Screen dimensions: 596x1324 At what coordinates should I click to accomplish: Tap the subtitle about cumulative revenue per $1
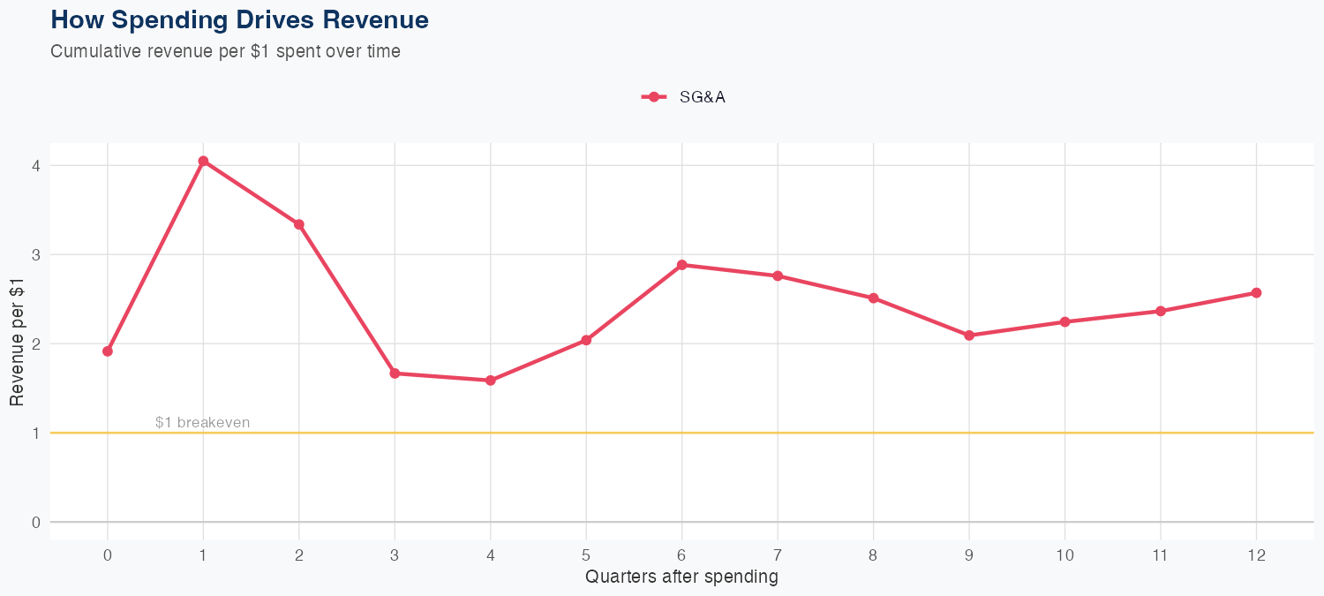tap(225, 51)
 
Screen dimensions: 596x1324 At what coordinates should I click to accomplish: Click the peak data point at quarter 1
tap(203, 162)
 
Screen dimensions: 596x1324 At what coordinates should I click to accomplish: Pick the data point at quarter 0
tap(108, 351)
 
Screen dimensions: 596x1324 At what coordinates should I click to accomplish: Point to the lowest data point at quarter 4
tap(490, 381)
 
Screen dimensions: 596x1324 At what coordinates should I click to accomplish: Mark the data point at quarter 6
tap(681, 265)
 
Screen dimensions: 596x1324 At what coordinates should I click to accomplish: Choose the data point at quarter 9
tap(969, 336)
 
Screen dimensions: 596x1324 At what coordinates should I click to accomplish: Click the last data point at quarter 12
tap(1256, 292)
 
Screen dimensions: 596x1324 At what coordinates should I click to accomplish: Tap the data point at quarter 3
tap(395, 373)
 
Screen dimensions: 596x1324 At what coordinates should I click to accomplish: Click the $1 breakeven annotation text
tap(202, 423)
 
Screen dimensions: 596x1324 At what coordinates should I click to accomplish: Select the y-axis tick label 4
tap(35, 166)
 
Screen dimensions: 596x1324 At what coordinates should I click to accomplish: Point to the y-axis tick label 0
tap(35, 522)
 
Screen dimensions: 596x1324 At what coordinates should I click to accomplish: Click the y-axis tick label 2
tap(35, 343)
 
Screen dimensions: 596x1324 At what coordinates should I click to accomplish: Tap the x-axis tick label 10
tap(1064, 555)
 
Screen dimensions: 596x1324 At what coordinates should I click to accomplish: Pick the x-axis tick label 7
tap(778, 555)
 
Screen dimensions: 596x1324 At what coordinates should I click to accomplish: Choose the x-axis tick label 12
tap(1256, 555)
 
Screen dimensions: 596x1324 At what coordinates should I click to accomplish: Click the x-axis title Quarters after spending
tap(681, 577)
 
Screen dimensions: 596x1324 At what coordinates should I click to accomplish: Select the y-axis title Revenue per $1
tap(17, 343)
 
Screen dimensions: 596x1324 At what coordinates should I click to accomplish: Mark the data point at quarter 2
tap(299, 224)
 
